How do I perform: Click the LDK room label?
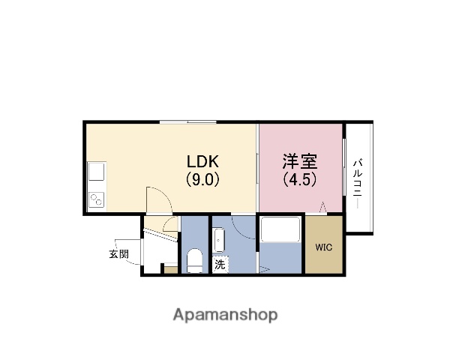coord(202,161)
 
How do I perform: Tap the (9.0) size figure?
coord(202,180)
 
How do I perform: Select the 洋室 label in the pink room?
coord(300,161)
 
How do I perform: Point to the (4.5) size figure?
coord(300,180)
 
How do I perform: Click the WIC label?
coord(324,247)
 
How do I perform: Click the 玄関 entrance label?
coord(118,254)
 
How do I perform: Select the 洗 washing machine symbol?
coord(220,265)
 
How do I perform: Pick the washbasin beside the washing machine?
coord(219,240)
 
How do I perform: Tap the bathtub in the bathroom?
coord(280,230)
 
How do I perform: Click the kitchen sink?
coord(96,172)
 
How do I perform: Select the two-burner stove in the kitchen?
coord(96,199)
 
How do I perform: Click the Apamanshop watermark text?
coord(225,315)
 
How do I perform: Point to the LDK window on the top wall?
coord(188,122)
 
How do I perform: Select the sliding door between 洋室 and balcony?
coord(344,167)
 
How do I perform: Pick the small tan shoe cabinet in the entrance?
coord(171,270)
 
